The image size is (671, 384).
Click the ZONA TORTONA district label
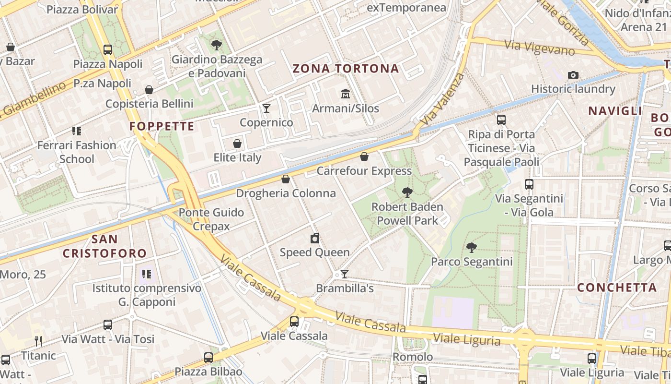coord(346,69)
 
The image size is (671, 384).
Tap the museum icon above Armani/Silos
coord(345,93)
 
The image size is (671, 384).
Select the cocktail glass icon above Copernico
coord(266,108)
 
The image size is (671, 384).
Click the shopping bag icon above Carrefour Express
coord(364,156)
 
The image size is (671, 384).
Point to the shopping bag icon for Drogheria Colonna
coord(286,179)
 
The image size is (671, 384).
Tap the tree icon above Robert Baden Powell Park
coord(407,192)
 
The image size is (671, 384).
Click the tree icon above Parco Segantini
coord(472,247)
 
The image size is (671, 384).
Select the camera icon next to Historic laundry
coord(573,75)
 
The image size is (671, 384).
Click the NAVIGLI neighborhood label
coord(615,111)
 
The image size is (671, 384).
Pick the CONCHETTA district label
coord(617,288)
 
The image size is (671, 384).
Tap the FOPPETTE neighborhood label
coord(162,127)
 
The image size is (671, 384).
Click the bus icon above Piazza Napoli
coord(108,49)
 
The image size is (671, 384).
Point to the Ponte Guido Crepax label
coord(211,219)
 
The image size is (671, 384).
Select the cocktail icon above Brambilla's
coord(344,274)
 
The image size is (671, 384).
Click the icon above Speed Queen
coord(315,238)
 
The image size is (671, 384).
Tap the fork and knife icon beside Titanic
coord(38,341)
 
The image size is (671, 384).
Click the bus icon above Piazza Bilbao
coord(208,357)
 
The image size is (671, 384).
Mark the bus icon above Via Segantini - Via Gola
coord(529,184)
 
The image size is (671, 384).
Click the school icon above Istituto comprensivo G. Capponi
coord(147,274)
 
